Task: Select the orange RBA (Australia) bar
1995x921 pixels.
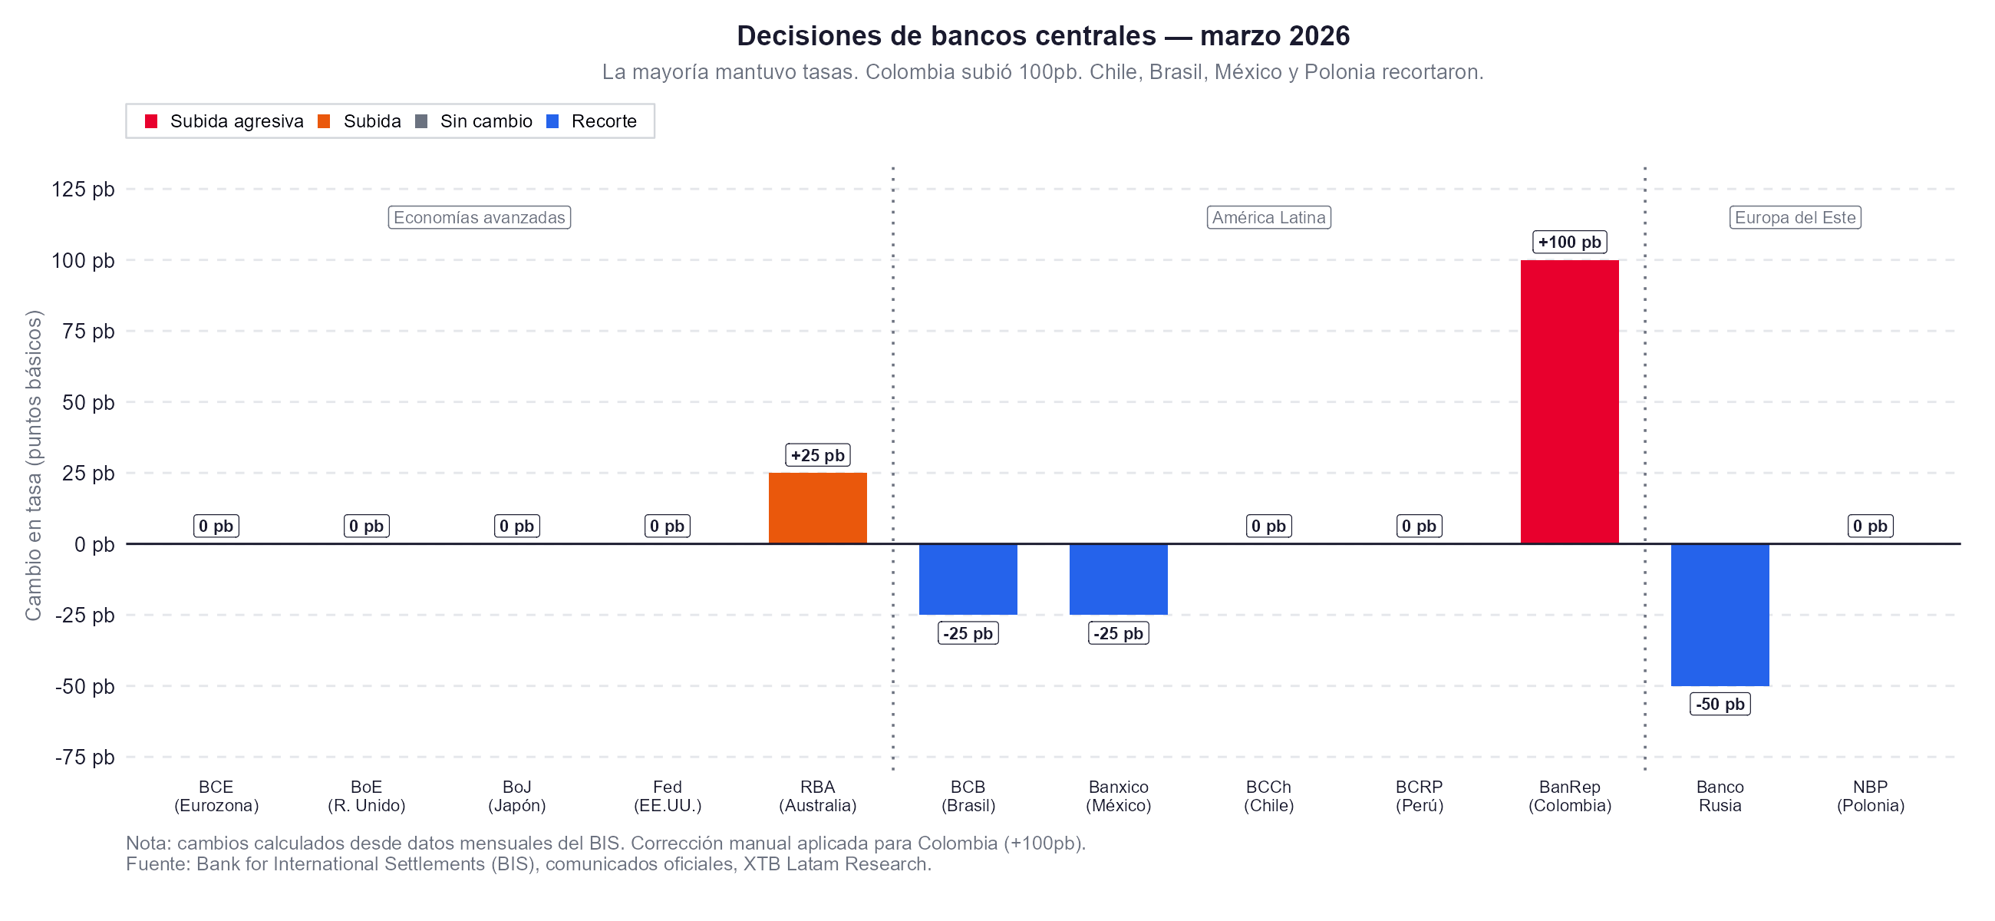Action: pos(817,508)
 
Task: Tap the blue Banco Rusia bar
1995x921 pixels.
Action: pos(1720,614)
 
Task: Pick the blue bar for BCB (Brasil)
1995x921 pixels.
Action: pos(968,579)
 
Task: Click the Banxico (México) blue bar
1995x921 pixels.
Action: pos(1117,579)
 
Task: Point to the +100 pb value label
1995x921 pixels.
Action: pos(1569,242)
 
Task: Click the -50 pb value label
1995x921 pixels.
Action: pos(1720,703)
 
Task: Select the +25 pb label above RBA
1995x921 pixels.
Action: pos(817,454)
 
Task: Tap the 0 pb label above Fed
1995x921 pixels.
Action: pos(667,526)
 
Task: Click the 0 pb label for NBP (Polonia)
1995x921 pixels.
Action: pos(1869,526)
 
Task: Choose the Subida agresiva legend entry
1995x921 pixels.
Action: pos(225,120)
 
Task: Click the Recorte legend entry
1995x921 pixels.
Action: pos(592,120)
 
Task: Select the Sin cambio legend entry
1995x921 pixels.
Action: pos(474,120)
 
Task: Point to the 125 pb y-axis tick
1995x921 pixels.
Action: pos(83,189)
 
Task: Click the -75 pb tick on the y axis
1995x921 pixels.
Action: pos(84,757)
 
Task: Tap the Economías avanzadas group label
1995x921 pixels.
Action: pos(479,217)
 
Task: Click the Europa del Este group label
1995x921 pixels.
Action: pos(1795,217)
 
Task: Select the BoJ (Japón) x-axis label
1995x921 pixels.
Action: pos(516,796)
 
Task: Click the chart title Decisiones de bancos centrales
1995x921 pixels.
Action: pos(1043,35)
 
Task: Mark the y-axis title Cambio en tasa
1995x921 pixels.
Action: pos(33,465)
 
